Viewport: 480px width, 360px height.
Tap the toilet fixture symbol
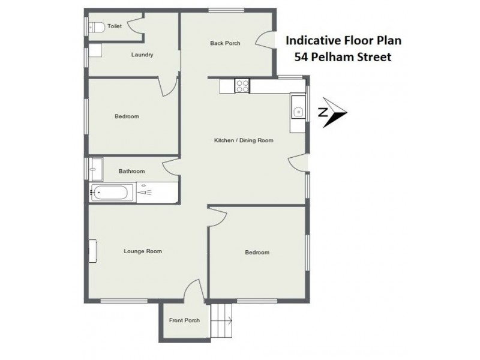click(96, 26)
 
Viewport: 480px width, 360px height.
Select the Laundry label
click(142, 55)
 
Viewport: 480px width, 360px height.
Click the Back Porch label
click(225, 43)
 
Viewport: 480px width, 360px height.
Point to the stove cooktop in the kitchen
click(243, 86)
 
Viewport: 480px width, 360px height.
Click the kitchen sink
click(298, 110)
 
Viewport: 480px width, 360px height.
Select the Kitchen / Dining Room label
click(244, 140)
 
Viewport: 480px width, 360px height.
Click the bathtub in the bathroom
click(112, 193)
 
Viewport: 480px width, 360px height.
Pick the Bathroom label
click(131, 171)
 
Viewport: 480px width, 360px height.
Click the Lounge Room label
click(143, 251)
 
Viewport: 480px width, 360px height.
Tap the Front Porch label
click(184, 320)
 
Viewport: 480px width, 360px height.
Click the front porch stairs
click(221, 320)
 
